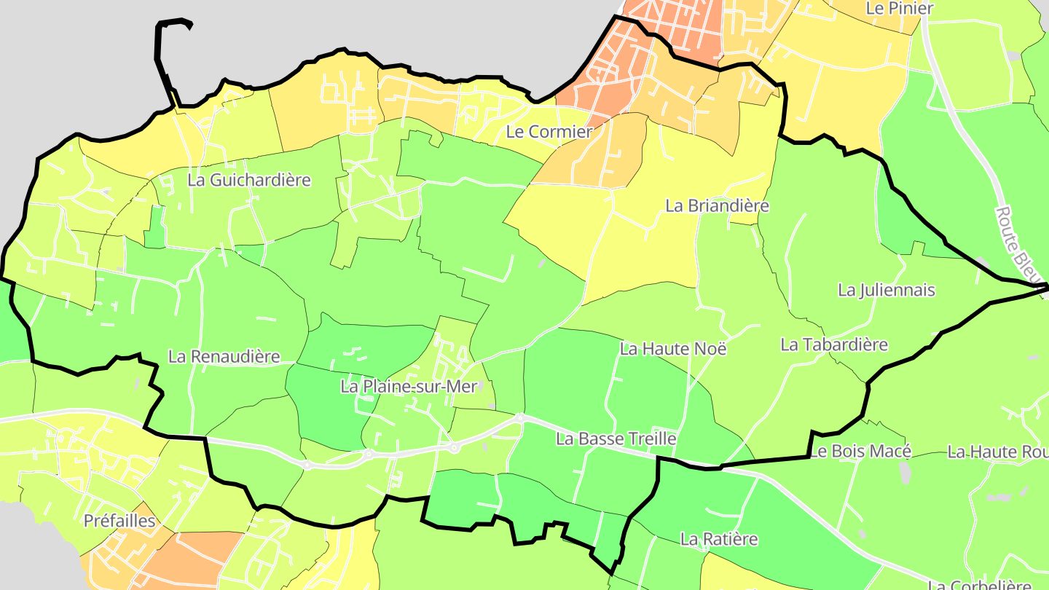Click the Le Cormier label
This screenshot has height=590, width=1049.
tap(549, 132)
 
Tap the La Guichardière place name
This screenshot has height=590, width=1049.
tap(249, 180)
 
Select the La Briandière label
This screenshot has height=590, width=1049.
tap(717, 205)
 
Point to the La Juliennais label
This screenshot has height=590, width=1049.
tap(886, 290)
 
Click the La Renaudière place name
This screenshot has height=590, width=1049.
tap(224, 356)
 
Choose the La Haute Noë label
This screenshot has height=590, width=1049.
tap(673, 349)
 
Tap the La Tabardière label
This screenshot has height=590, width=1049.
tap(834, 345)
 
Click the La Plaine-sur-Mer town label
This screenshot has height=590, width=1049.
tap(407, 387)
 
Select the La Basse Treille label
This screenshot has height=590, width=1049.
tap(616, 438)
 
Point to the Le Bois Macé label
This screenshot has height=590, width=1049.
tap(860, 452)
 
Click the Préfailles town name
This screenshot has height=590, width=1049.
tap(119, 521)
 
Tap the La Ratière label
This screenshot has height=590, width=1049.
tap(719, 539)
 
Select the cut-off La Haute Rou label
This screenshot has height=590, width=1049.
tap(997, 452)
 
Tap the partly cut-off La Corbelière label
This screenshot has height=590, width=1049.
tap(980, 584)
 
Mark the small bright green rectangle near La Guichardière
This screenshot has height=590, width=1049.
tap(154, 227)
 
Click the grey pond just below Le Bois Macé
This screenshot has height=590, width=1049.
tap(905, 473)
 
